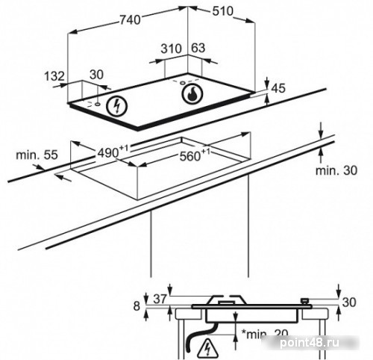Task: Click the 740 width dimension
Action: pyautogui.click(x=130, y=19)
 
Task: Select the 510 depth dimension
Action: pyautogui.click(x=223, y=11)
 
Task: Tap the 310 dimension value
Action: pyautogui.click(x=171, y=49)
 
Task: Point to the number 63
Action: pyautogui.click(x=198, y=48)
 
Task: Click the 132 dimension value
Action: pyautogui.click(x=54, y=76)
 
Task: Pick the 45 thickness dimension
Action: pyautogui.click(x=278, y=88)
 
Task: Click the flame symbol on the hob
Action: pyautogui.click(x=192, y=94)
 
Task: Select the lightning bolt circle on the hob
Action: pyautogui.click(x=116, y=106)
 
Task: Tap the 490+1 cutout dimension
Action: pyautogui.click(x=113, y=152)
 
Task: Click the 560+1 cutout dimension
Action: pyautogui.click(x=195, y=155)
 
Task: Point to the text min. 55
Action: pyautogui.click(x=37, y=155)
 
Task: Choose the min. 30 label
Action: pyautogui.click(x=336, y=171)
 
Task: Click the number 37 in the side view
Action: pyautogui.click(x=160, y=299)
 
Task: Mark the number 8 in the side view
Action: pyautogui.click(x=137, y=306)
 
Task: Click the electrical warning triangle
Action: pyautogui.click(x=207, y=348)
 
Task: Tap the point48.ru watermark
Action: pyautogui.click(x=310, y=344)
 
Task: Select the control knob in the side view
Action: pyautogui.click(x=304, y=301)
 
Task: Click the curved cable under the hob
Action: pyautogui.click(x=199, y=335)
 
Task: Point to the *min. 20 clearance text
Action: pyautogui.click(x=265, y=334)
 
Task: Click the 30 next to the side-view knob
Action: pyautogui.click(x=349, y=302)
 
